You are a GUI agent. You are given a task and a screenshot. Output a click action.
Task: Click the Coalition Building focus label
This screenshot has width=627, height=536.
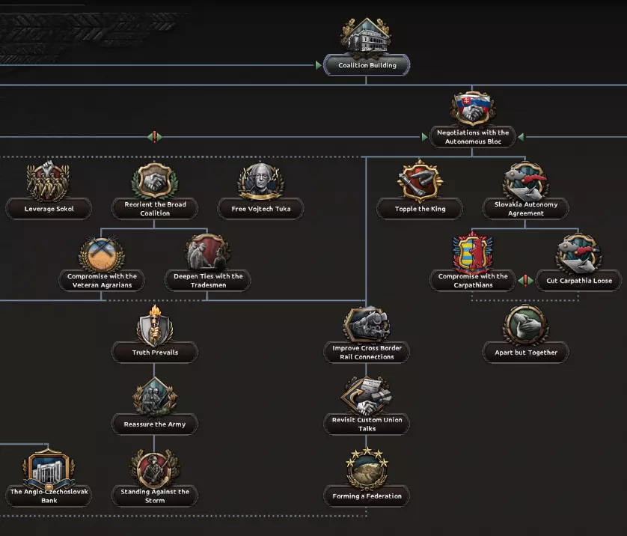[367, 65]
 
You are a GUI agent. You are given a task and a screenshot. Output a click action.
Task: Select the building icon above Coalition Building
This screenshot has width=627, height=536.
[366, 36]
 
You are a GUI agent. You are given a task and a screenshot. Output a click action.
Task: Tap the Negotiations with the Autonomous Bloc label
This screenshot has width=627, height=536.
[472, 137]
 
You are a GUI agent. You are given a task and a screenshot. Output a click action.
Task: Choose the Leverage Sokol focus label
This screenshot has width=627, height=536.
[49, 209]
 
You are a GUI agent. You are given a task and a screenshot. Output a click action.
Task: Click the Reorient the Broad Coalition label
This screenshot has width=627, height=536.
[155, 209]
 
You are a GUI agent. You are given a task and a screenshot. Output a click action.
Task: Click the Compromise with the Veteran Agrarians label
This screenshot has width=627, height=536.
[102, 281]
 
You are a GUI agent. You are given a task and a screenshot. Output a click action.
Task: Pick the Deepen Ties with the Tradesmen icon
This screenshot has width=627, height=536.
[208, 253]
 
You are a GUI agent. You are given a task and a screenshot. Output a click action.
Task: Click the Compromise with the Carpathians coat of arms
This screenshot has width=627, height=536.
[472, 253]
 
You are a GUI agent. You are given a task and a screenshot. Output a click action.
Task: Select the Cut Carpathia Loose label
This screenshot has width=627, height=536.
[578, 281]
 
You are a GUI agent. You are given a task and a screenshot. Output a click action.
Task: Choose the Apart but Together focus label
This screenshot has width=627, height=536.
[526, 353]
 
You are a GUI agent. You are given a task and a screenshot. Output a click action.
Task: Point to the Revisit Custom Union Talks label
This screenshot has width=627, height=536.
[367, 424]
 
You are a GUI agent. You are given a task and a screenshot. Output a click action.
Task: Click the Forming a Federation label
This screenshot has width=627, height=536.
[367, 496]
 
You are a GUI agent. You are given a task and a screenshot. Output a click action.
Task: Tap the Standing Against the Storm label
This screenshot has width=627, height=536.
[155, 496]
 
